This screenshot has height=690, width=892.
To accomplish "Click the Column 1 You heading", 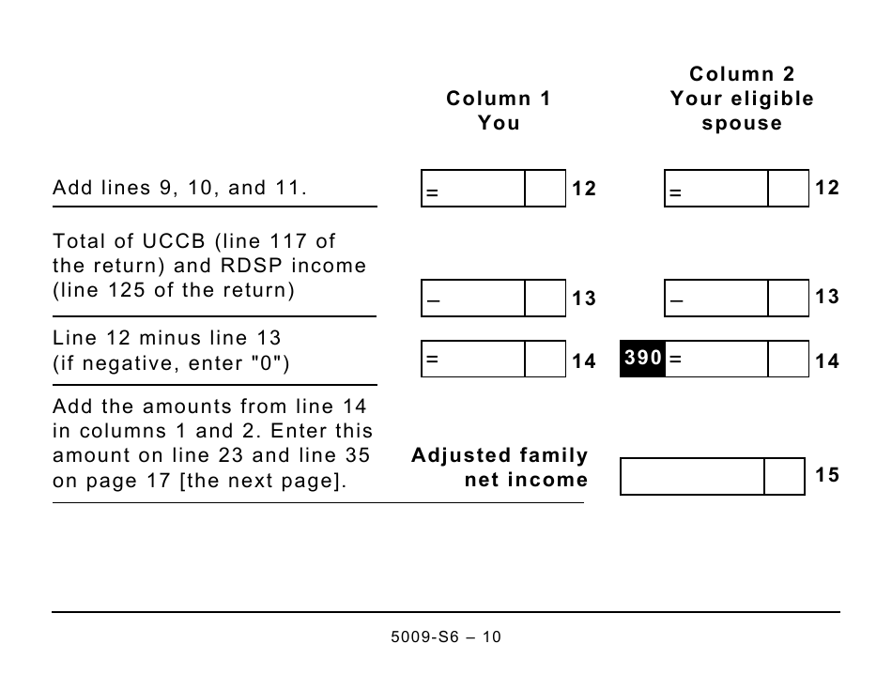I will [499, 111].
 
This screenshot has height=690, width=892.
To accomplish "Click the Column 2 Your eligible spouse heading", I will [742, 99].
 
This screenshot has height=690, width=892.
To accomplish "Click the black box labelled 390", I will [643, 359].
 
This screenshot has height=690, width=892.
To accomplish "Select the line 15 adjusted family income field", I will [693, 477].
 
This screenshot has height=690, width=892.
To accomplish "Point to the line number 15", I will [827, 475].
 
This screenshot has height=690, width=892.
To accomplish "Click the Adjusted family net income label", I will [500, 468].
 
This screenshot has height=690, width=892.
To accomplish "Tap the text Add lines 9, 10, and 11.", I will [179, 188].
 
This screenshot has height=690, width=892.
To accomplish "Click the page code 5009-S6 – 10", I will [445, 637].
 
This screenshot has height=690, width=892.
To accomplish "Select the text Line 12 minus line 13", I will [166, 338].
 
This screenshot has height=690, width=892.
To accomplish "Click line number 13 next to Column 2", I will [827, 298].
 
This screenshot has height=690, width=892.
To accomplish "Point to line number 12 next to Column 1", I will [584, 189].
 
